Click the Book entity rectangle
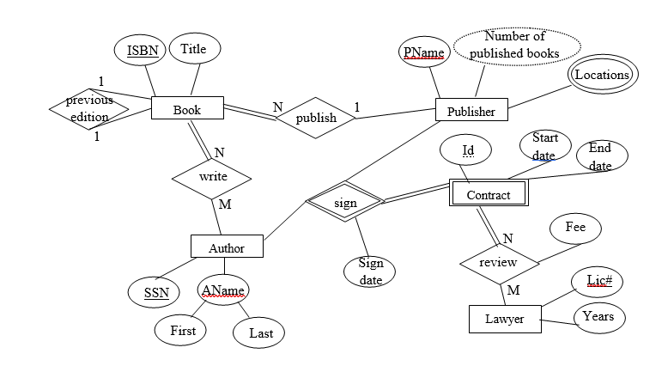coord(187,109)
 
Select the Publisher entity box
coord(471,111)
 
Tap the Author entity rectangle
coord(227,247)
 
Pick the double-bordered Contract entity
coord(488,194)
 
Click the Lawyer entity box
coord(505,320)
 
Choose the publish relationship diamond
coord(316,118)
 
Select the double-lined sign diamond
coord(344,203)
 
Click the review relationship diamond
coord(498,262)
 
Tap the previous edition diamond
coord(89,109)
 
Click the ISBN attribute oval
coord(143,51)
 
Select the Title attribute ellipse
coord(194,49)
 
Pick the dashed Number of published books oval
coord(515,46)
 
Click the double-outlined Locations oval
coord(602,75)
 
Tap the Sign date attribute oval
coord(370,271)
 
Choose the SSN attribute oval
coord(156,292)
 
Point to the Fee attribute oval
coord(574,228)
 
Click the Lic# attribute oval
coord(598,281)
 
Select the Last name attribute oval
coord(259,332)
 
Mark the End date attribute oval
coord(601,156)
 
